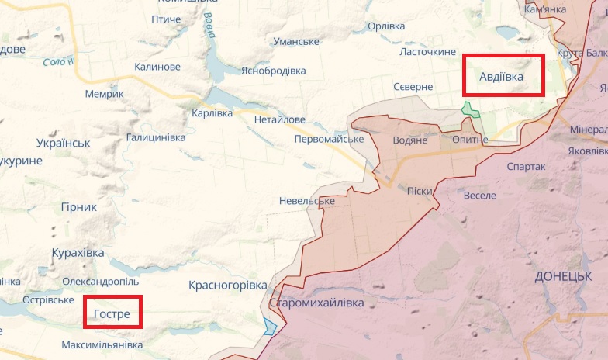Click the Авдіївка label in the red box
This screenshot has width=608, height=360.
pyautogui.click(x=501, y=77)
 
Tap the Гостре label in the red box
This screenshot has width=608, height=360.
pyautogui.click(x=112, y=314)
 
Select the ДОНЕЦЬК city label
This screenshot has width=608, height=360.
pyautogui.click(x=563, y=276)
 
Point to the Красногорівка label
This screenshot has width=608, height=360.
pyautogui.click(x=227, y=286)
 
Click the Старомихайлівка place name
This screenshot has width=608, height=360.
pyautogui.click(x=316, y=303)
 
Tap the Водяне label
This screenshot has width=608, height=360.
pyautogui.click(x=410, y=140)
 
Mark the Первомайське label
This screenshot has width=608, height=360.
pyautogui.click(x=329, y=139)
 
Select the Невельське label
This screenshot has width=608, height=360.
pyautogui.click(x=307, y=201)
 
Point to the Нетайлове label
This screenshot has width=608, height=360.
pyautogui.click(x=280, y=120)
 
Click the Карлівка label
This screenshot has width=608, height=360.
pyautogui.click(x=212, y=113)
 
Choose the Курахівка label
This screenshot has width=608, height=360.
pyautogui.click(x=78, y=254)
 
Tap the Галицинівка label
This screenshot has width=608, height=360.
pyautogui.click(x=156, y=137)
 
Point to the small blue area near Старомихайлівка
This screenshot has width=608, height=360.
pyautogui.click(x=269, y=326)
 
